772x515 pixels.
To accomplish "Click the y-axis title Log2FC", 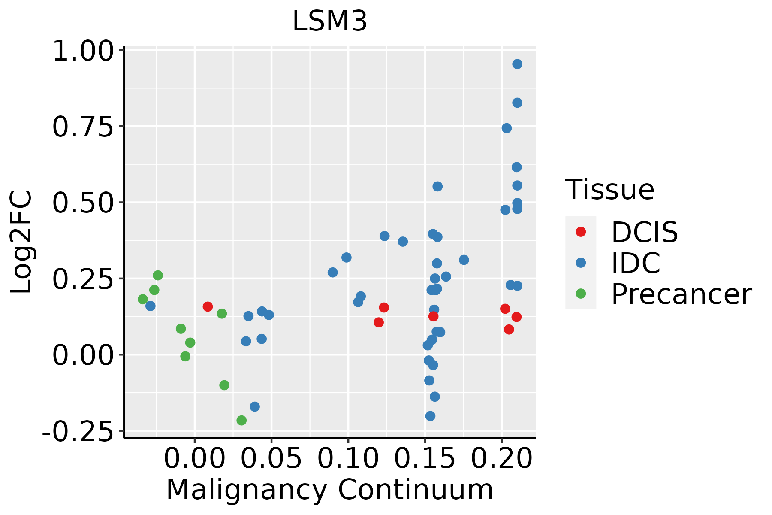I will pos(21,242).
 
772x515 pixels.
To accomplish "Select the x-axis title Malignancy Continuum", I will pos(329,490).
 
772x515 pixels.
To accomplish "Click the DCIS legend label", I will pos(644,232).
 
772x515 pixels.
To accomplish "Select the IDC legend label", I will pos(636,263).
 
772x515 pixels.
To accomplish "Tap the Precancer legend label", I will pos(681,294).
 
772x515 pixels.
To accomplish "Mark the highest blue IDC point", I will pos(517,64).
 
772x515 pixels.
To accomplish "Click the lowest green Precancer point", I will pos(241,420).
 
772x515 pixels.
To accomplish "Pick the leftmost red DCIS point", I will pos(208,306).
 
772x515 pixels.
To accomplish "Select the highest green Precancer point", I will pos(158,275).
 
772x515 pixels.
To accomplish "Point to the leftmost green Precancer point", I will pos(143,299).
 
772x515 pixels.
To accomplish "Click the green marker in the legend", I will pos(581,294).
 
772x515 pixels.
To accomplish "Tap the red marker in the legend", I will pos(581,232).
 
